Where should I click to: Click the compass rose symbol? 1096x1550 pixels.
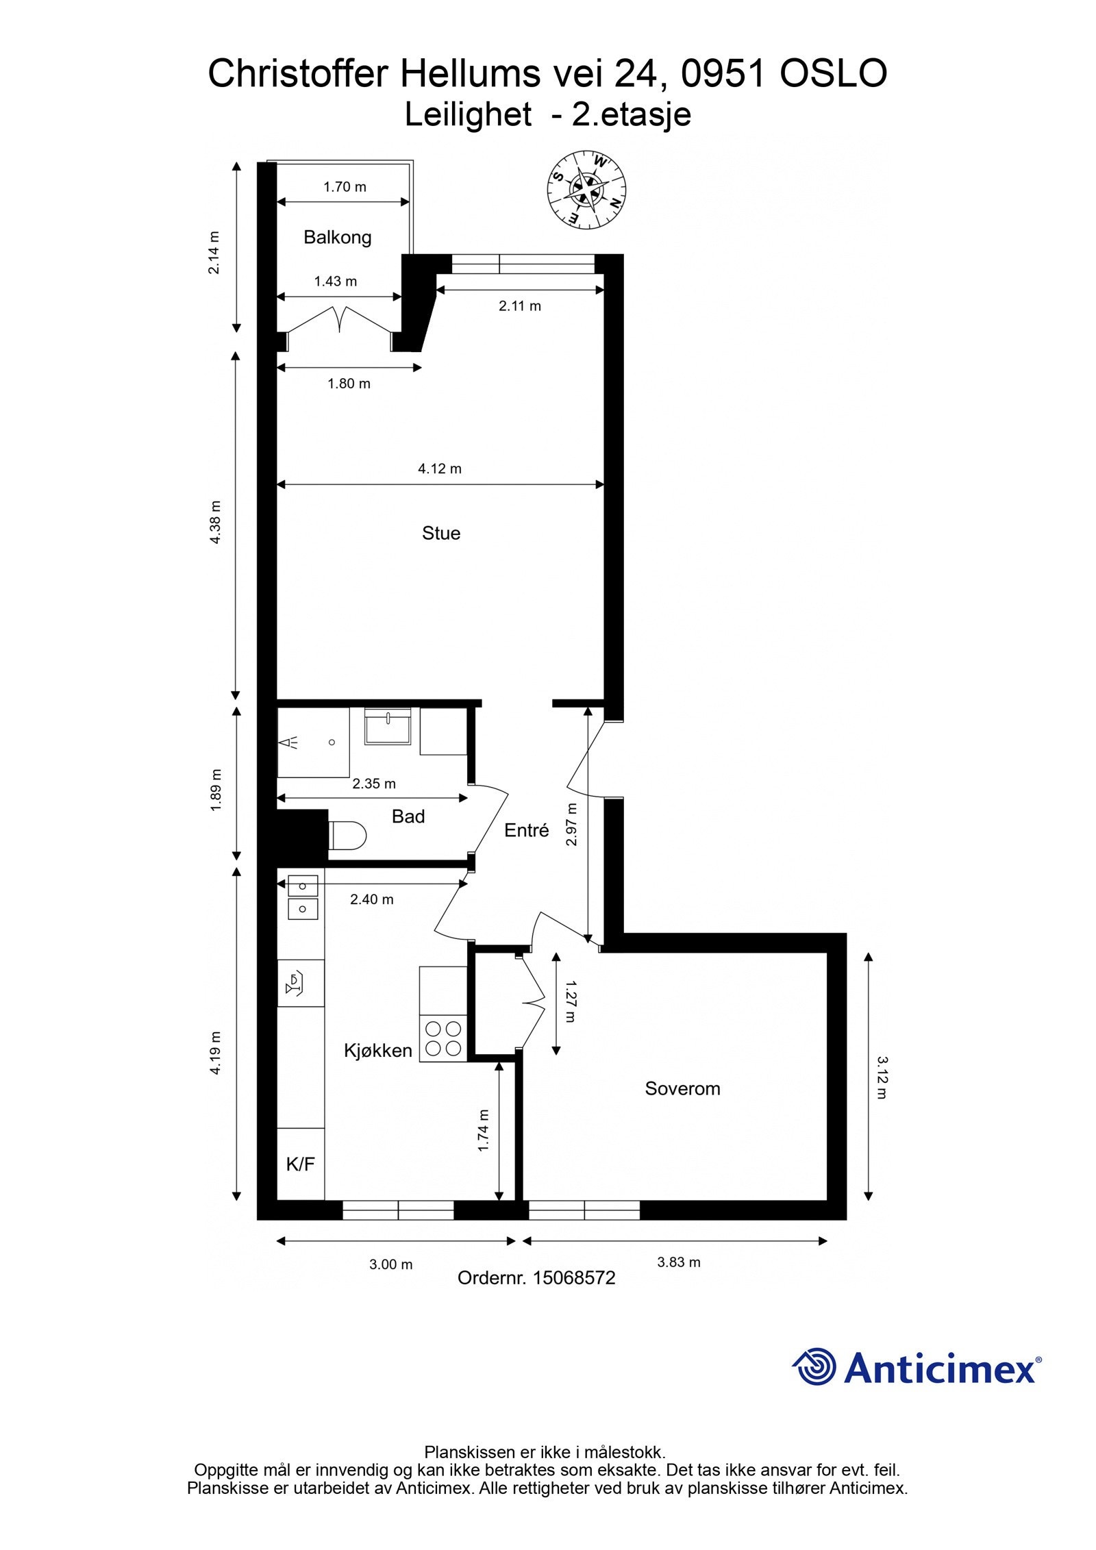[x=586, y=188]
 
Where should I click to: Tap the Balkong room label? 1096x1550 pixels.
[x=337, y=238]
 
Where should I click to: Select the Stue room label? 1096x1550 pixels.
[x=440, y=533]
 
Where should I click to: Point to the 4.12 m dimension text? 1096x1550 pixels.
[x=439, y=469]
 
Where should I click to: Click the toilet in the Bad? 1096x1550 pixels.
[x=349, y=836]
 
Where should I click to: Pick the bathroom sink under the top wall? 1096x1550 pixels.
[x=387, y=727]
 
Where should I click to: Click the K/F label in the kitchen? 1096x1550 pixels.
[x=300, y=1164]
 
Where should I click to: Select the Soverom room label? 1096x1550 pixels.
[x=682, y=1088]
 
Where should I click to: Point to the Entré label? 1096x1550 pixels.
[x=526, y=830]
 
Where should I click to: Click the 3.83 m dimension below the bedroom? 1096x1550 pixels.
[x=678, y=1262]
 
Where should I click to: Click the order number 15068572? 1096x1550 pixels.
[x=573, y=1277]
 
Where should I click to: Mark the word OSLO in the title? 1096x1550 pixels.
[x=833, y=74]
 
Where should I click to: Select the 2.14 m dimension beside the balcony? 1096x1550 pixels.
[x=214, y=253]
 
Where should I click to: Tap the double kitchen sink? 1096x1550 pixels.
[x=302, y=897]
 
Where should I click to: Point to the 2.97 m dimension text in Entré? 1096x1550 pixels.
[x=571, y=825]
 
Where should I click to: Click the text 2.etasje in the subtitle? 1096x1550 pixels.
[x=630, y=114]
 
